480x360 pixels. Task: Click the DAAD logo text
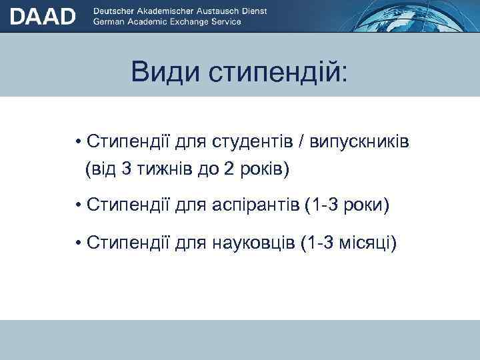pyautogui.click(x=43, y=16)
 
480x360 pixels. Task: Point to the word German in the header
pyautogui.click(x=110, y=21)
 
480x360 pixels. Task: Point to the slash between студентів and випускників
pyautogui.click(x=303, y=142)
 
